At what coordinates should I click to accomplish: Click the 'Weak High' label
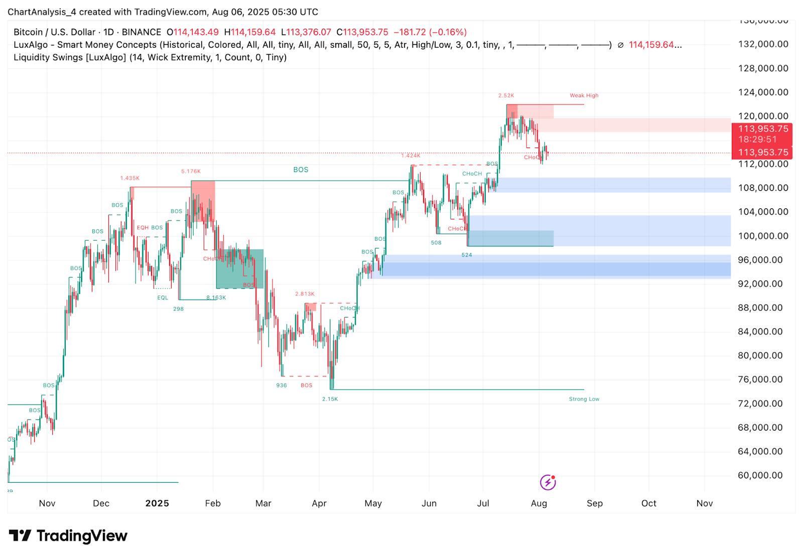pos(584,95)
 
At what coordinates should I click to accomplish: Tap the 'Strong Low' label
pos(584,399)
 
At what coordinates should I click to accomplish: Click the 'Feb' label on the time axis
pos(213,503)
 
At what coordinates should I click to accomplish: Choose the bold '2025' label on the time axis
pos(157,503)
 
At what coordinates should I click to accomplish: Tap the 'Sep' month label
pos(595,503)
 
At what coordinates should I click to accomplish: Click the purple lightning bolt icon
pos(548,483)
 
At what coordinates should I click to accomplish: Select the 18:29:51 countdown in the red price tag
pos(757,139)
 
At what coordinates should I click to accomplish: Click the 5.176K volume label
pos(191,172)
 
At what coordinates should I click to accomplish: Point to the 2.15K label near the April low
pos(330,399)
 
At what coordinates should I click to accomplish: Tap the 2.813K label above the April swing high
pos(305,294)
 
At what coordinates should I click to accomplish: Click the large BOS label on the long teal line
pos(301,170)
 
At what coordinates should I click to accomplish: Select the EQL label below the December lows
pos(163,298)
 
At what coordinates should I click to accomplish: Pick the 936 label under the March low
pos(282,385)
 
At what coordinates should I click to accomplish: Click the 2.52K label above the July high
pos(506,95)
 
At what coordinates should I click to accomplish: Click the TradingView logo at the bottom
pos(68,536)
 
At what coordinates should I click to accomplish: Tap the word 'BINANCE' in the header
pos(142,32)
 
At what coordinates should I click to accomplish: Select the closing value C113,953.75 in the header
pos(362,32)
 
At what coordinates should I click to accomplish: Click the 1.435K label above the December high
pos(129,178)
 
